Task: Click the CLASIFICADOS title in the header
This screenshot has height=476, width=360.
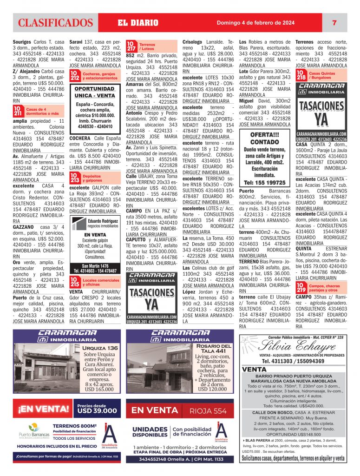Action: (56, 23)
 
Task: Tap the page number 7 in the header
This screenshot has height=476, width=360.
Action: (334, 23)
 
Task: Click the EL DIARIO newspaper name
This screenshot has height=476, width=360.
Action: (138, 23)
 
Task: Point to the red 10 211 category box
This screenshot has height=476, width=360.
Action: (18, 111)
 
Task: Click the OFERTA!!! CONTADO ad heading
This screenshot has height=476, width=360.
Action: (264, 138)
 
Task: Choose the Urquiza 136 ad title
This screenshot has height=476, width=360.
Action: (100, 348)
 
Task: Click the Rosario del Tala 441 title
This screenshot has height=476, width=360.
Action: (213, 349)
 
